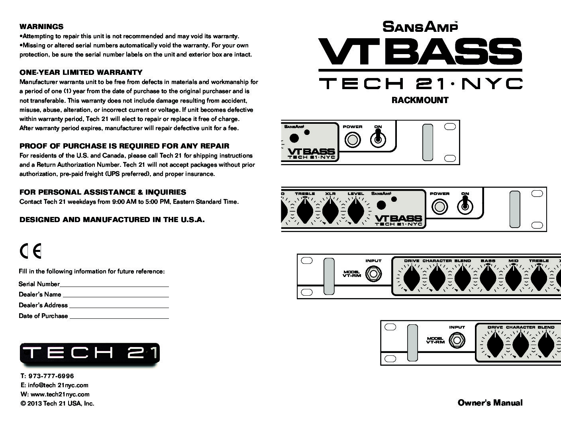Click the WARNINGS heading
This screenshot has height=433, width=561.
point(41,27)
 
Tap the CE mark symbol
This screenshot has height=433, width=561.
point(30,251)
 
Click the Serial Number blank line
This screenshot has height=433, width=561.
point(114,286)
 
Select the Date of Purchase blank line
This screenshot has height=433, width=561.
point(119,318)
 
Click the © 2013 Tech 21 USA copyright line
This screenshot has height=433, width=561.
point(57,403)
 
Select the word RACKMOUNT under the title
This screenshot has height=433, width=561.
point(420,100)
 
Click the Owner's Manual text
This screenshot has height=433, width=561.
point(490,403)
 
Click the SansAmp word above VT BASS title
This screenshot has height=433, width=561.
point(420,27)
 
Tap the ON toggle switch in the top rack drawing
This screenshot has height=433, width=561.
point(378,138)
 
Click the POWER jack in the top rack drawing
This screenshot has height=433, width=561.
point(353,140)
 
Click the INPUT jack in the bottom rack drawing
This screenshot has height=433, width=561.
point(457,340)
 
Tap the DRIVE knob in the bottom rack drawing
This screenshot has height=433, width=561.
point(495,345)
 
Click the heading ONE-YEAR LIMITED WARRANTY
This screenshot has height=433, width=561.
point(81,72)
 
